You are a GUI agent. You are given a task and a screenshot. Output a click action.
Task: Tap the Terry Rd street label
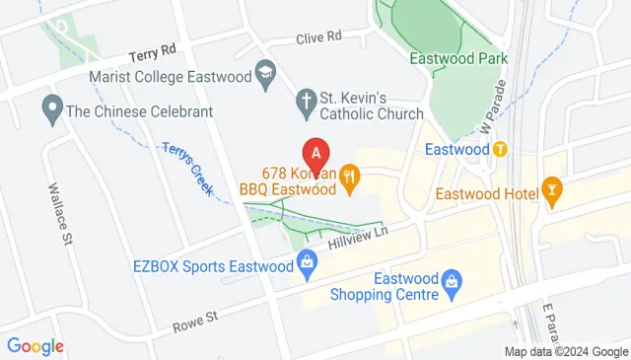click(x=153, y=48)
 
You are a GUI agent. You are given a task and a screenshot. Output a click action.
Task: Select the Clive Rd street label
click(x=318, y=36)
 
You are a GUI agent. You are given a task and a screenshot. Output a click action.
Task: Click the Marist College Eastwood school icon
click(x=264, y=71)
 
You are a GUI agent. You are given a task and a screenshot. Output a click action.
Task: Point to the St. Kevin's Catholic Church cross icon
click(x=307, y=100)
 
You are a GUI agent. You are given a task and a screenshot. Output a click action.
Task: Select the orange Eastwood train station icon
click(x=500, y=150)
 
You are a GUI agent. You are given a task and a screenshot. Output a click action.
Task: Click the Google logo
click(x=35, y=345)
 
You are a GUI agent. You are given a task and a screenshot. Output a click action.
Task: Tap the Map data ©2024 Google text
click(x=565, y=352)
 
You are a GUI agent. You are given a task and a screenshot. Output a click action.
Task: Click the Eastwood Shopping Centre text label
click(x=378, y=285)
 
